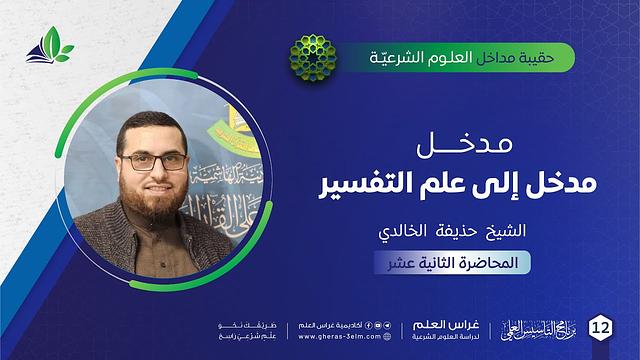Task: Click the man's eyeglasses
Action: pyautogui.click(x=152, y=161)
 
